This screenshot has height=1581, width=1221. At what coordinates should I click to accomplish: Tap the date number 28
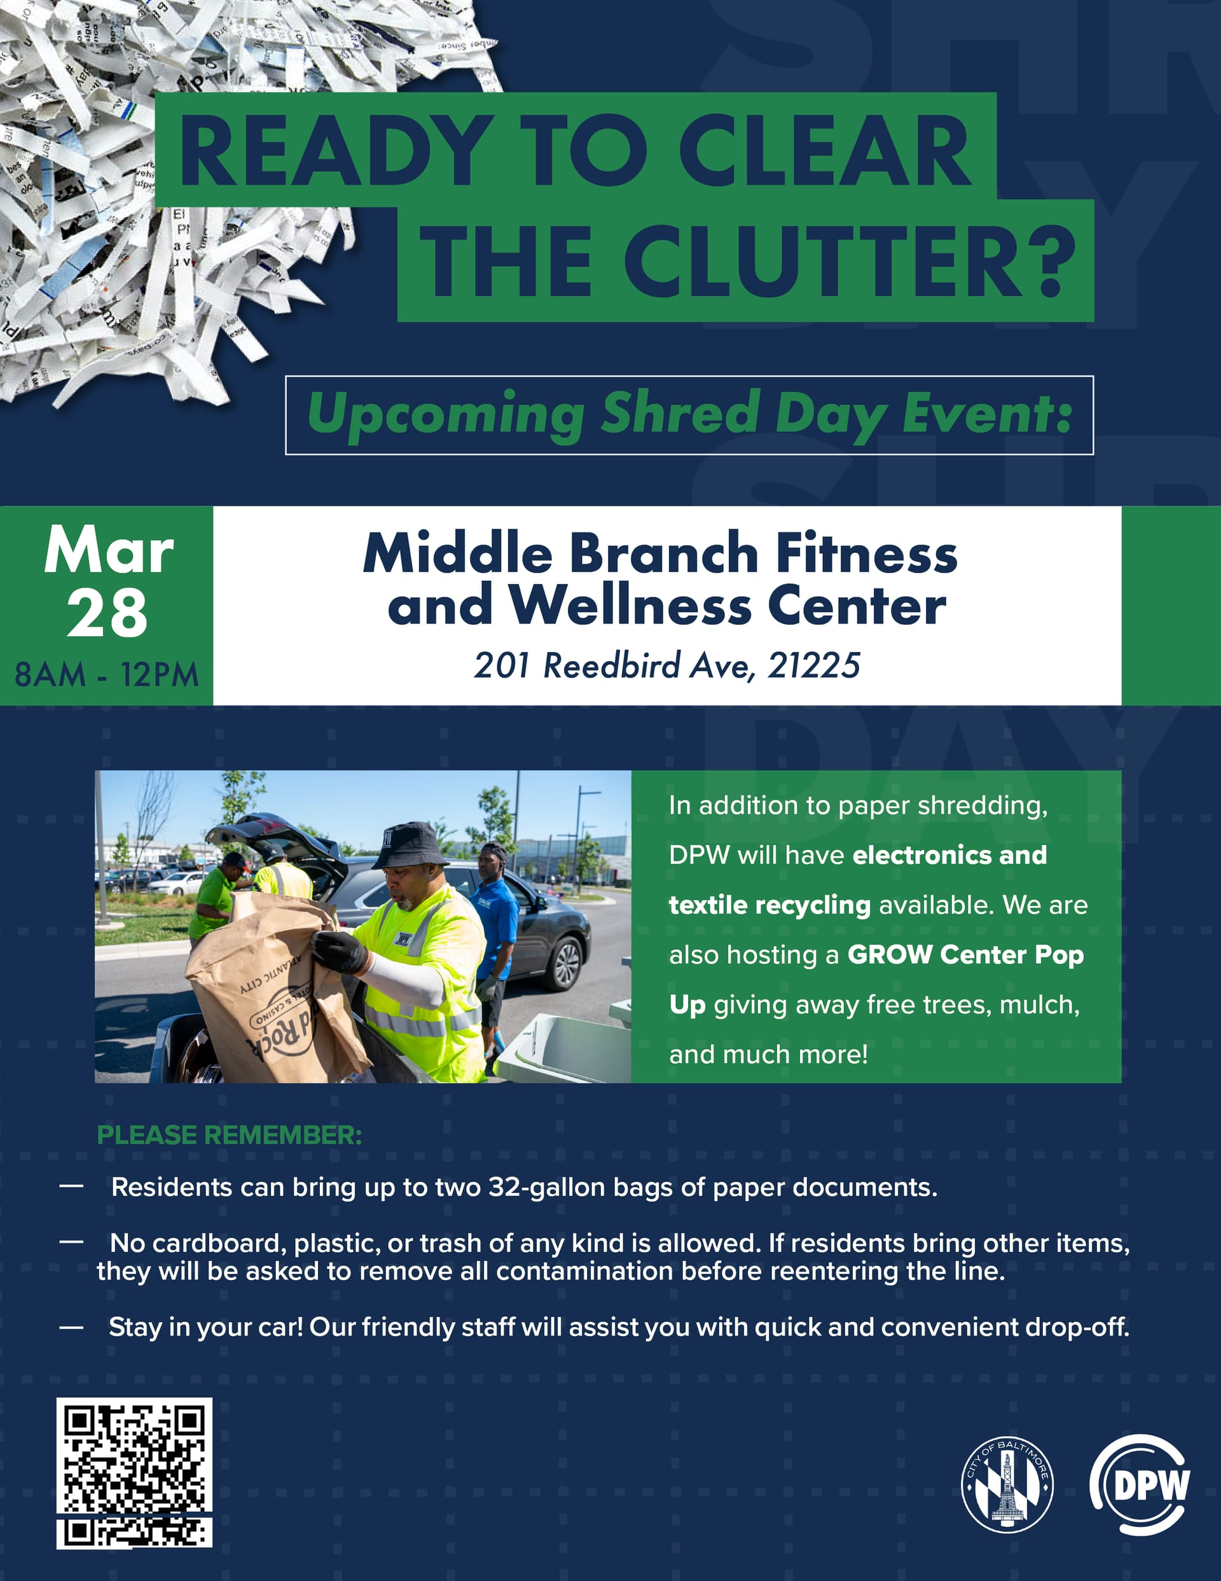(x=107, y=613)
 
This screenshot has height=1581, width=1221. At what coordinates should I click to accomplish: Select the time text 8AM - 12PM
(x=106, y=674)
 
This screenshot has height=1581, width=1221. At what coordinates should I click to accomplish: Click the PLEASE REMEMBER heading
(x=230, y=1135)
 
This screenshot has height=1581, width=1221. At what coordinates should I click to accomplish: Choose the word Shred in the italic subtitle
(x=680, y=414)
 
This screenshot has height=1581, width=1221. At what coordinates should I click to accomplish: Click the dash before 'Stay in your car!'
(x=71, y=1328)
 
